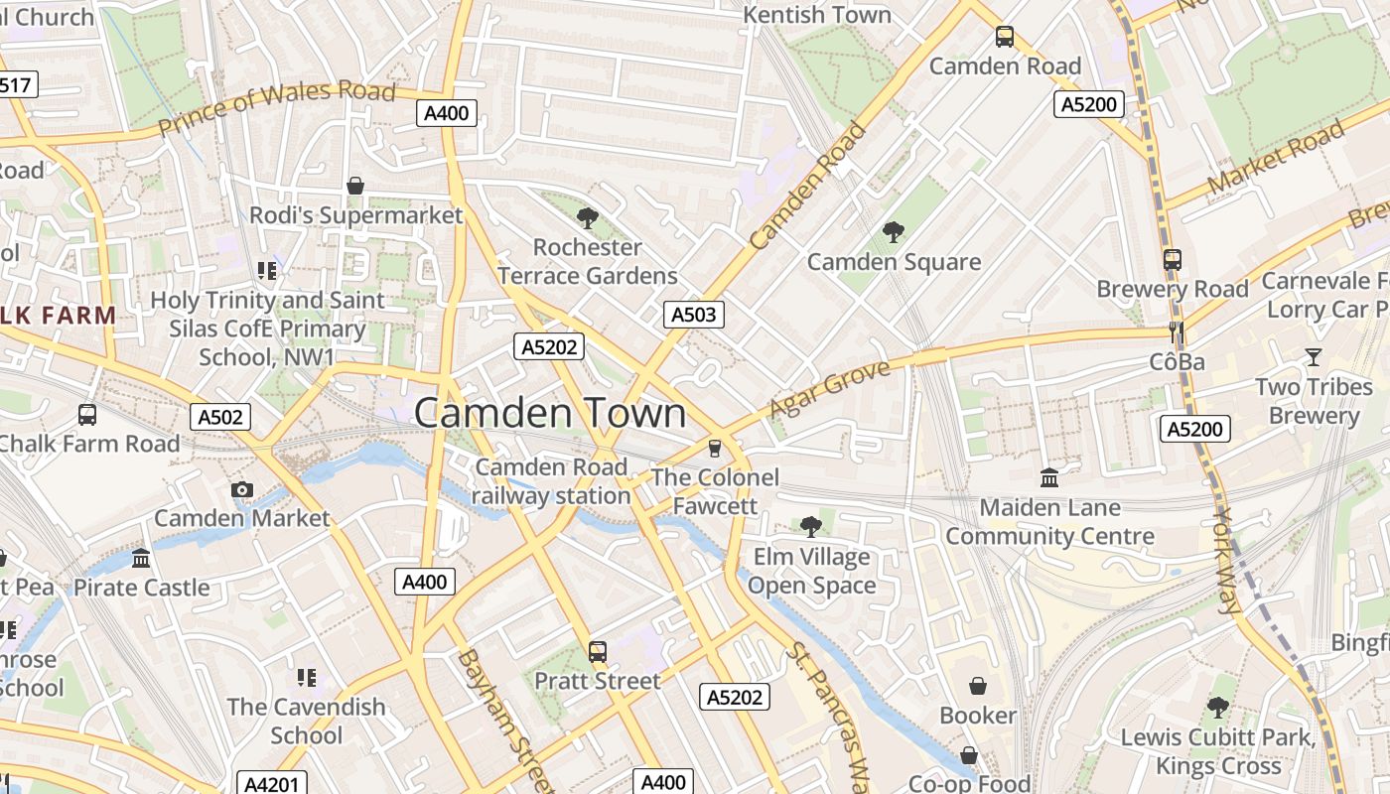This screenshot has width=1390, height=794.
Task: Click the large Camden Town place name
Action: [549, 413]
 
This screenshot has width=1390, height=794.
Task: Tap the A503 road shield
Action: [693, 316]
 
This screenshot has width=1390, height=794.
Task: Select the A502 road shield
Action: [219, 417]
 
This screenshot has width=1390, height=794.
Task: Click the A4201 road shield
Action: [271, 784]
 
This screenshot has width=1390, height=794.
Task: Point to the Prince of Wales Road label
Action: [277, 108]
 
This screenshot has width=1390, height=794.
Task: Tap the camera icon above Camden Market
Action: [241, 489]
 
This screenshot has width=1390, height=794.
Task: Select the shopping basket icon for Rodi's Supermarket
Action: [355, 186]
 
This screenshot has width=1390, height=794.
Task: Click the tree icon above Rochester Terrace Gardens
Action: [587, 217]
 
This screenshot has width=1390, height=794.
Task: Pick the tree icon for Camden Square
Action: [893, 232]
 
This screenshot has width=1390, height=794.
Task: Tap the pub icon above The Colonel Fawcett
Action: [714, 449]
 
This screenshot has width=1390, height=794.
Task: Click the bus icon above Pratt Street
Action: [597, 652]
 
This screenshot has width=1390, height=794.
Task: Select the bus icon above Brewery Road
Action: [1173, 260]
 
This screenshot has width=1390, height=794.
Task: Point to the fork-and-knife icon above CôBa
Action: [1177, 332]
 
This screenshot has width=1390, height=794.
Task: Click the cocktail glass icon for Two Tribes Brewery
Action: [1314, 357]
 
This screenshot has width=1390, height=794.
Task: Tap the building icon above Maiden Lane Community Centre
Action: [1049, 478]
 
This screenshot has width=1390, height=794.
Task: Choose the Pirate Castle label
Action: [142, 588]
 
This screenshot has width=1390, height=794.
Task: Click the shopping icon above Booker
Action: [978, 686]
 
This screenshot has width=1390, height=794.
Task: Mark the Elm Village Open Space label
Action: [811, 571]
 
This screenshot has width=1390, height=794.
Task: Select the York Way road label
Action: [1229, 561]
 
